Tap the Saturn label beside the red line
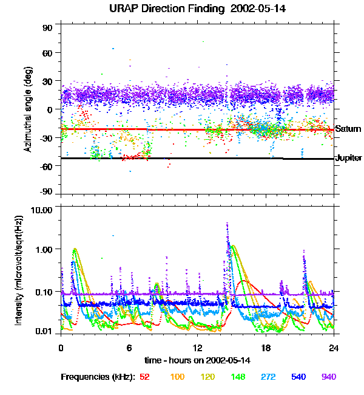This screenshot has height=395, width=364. [x=348, y=129]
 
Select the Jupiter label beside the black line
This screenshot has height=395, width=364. [x=349, y=158]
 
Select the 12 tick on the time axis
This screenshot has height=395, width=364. [x=198, y=348]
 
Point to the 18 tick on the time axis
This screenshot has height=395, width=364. [x=266, y=348]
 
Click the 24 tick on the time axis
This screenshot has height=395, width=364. [x=334, y=348]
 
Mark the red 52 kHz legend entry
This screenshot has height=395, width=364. [x=145, y=377]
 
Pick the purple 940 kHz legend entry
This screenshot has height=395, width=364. [x=328, y=377]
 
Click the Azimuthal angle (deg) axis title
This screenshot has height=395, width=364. [x=27, y=110]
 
